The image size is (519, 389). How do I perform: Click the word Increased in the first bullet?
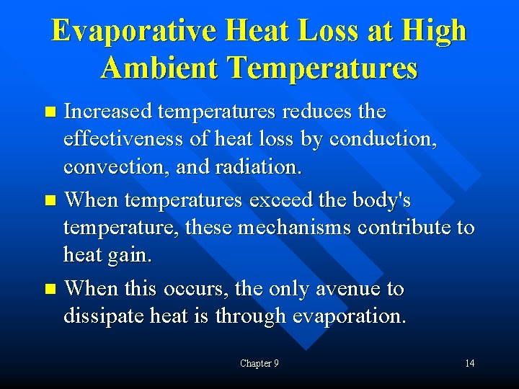point(107,112)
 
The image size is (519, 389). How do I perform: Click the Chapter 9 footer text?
point(259,363)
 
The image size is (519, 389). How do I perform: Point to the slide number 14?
point(469,363)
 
